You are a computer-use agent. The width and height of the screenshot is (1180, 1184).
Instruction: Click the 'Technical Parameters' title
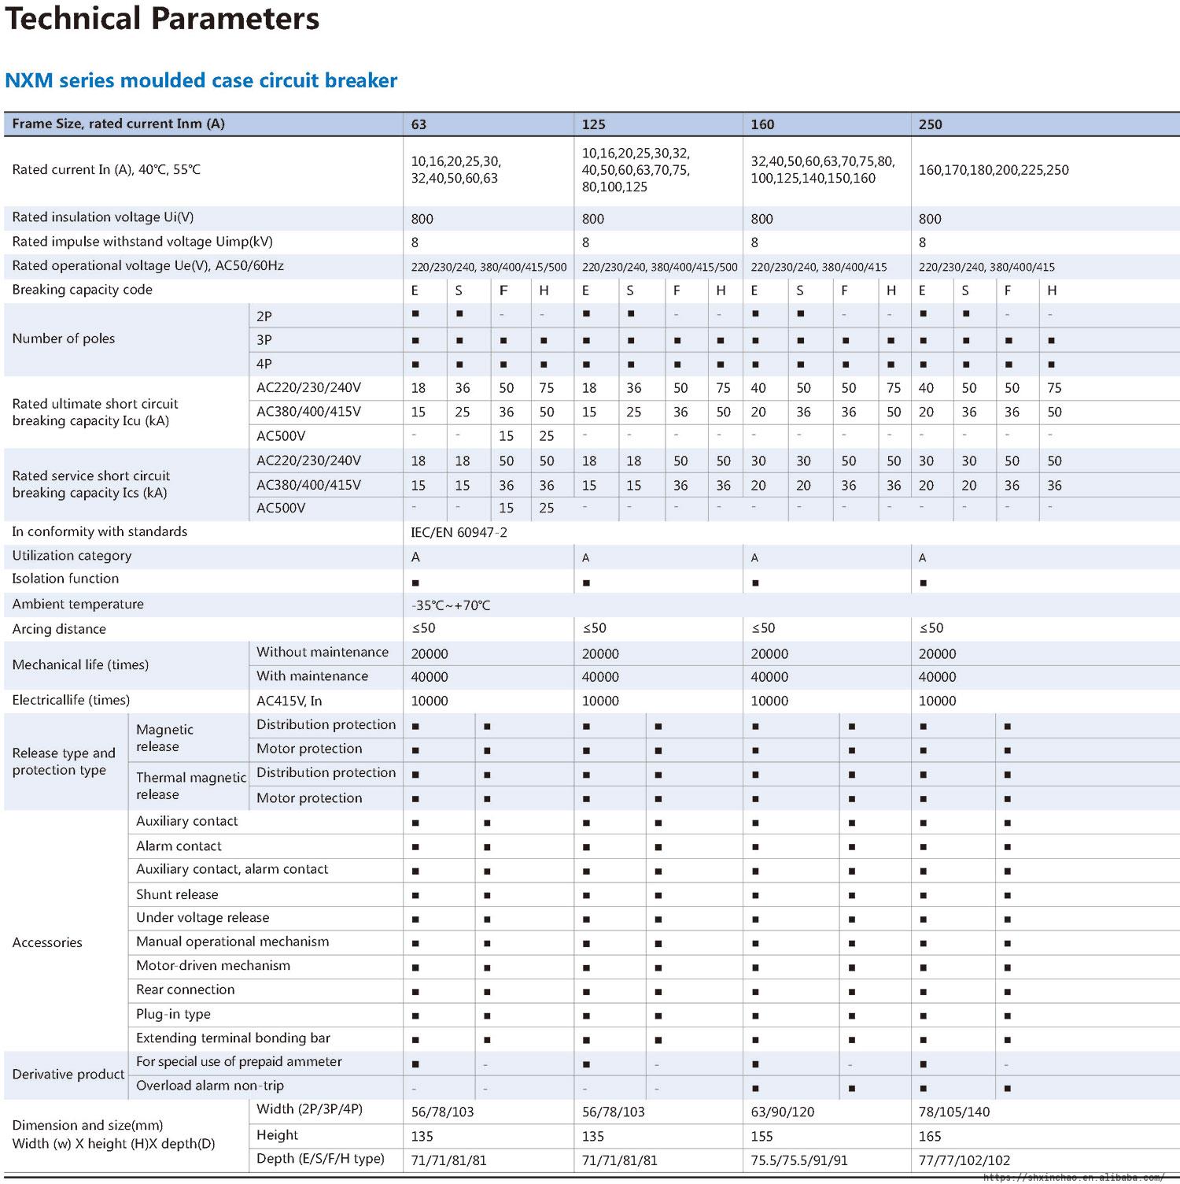pos(162,19)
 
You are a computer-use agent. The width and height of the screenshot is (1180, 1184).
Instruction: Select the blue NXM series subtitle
pos(201,80)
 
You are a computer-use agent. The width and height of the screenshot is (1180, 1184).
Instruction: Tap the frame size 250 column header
pos(930,124)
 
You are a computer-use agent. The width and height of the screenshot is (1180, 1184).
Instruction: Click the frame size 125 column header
pos(593,124)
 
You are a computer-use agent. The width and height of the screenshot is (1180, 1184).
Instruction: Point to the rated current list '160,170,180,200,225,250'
pos(994,170)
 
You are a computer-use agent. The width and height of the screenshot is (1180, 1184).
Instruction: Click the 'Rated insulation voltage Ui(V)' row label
pos(103,217)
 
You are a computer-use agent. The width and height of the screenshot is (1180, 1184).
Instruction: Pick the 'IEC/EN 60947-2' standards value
pos(459,533)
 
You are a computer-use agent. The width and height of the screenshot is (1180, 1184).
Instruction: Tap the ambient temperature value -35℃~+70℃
pos(450,605)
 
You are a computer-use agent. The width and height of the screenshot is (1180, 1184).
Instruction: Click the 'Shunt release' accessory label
pos(177,894)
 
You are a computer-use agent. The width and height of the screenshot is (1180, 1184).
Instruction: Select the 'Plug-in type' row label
pos(173,1014)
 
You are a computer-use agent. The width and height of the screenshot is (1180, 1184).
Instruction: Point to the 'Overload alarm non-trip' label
pos(210,1086)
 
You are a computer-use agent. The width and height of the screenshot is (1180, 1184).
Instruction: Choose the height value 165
pos(930,1136)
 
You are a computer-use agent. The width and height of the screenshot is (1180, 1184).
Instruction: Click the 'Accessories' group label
pos(47,942)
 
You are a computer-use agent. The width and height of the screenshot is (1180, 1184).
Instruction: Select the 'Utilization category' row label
pos(72,556)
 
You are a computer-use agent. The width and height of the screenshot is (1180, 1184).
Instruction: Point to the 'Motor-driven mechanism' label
pos(213,966)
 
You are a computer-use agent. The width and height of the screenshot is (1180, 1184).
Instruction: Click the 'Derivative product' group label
pos(68,1075)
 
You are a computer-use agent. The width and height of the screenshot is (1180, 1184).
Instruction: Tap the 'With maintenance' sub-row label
pos(312,676)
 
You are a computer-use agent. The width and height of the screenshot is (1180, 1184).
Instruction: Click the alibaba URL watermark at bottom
pos(1074,1178)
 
